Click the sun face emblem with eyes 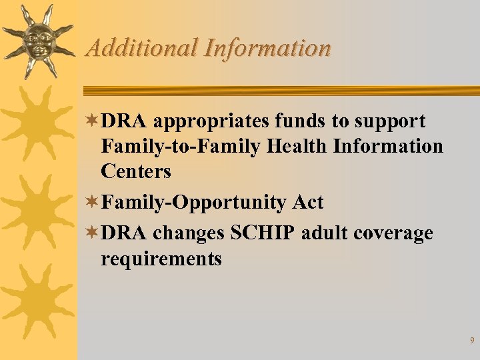point(37,41)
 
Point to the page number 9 point(472,341)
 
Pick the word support point(390,122)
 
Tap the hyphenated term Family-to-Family point(181,146)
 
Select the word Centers point(136,171)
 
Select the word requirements point(161,259)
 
